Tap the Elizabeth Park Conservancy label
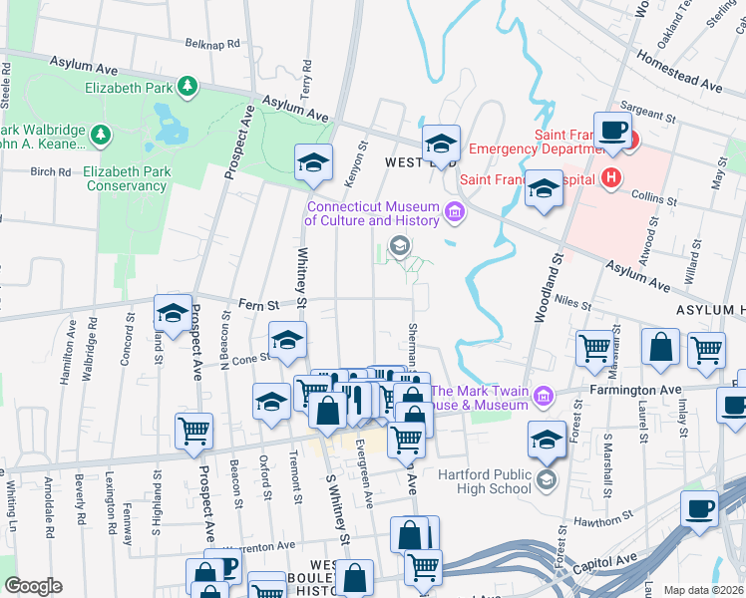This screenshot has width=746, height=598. pyautogui.click(x=127, y=178)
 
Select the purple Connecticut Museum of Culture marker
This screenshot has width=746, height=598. pyautogui.click(x=455, y=210)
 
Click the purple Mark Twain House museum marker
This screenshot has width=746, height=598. pyautogui.click(x=544, y=397)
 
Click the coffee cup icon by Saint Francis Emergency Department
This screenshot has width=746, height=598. pyautogui.click(x=610, y=130)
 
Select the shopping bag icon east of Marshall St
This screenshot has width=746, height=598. pyautogui.click(x=660, y=347)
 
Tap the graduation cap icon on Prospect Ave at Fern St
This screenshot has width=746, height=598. pyautogui.click(x=173, y=313)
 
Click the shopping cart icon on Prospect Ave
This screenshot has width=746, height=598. pyautogui.click(x=193, y=431)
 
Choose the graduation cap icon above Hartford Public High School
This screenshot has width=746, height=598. pyautogui.click(x=547, y=440)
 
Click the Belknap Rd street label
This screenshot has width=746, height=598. pyautogui.click(x=213, y=44)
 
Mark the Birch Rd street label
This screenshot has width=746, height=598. pyautogui.click(x=50, y=171)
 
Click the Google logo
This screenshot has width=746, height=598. pyautogui.click(x=33, y=586)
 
